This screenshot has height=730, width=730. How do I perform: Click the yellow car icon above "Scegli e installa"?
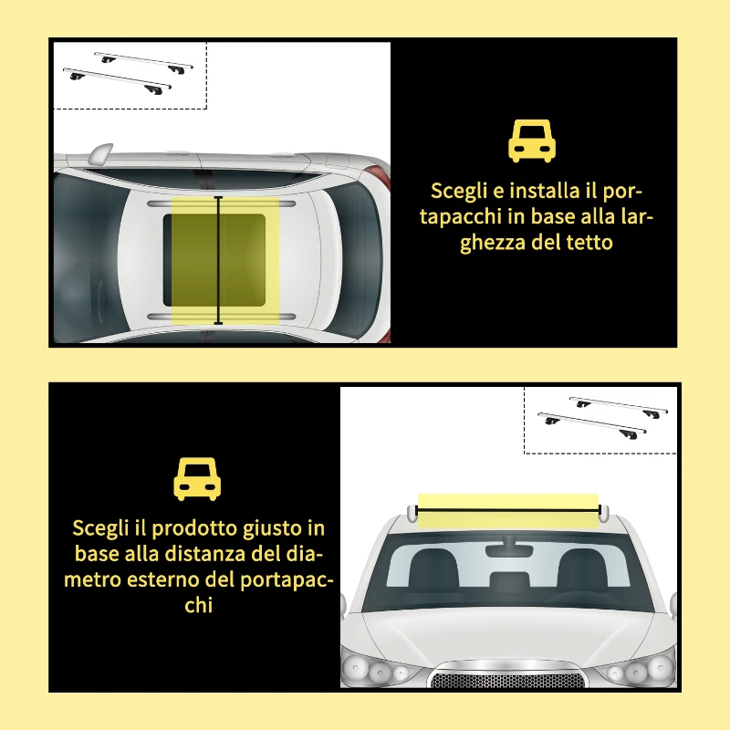532,141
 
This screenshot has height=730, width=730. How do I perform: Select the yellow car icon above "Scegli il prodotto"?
198,480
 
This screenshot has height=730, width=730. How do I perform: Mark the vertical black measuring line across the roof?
218,260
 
